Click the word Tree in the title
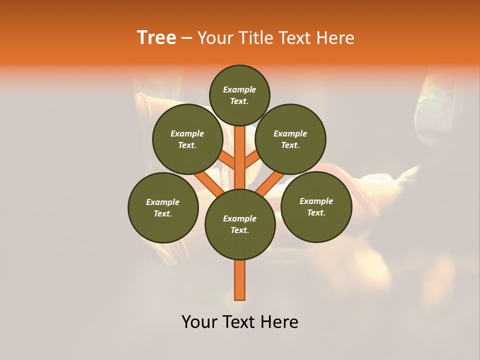coord(156,38)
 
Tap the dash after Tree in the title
coord(186,38)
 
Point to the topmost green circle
coord(239,95)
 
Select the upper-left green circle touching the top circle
coord(187,139)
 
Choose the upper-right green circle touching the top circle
coord(290,139)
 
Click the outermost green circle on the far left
coord(163,207)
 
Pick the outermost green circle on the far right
coord(316,206)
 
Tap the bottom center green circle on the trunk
coord(240,224)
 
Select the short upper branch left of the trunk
coord(227,160)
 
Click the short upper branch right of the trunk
coord(252,160)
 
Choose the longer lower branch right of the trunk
coord(270,184)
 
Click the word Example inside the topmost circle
coord(239,89)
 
